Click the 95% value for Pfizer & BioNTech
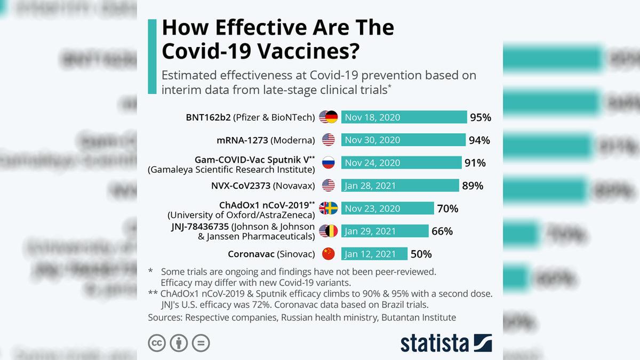[480, 117]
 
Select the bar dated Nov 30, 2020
[403, 140]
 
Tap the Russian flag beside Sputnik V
[328, 163]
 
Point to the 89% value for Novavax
[473, 186]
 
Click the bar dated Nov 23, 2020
[387, 209]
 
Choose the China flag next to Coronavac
[328, 254]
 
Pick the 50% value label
[421, 254]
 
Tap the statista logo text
[434, 342]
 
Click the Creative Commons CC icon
[157, 343]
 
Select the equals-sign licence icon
[201, 343]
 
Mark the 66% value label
[442, 231]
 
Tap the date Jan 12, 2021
[371, 254]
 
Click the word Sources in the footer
[165, 317]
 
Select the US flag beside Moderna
[328, 140]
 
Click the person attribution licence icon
[179, 343]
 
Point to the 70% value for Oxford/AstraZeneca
[447, 209]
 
